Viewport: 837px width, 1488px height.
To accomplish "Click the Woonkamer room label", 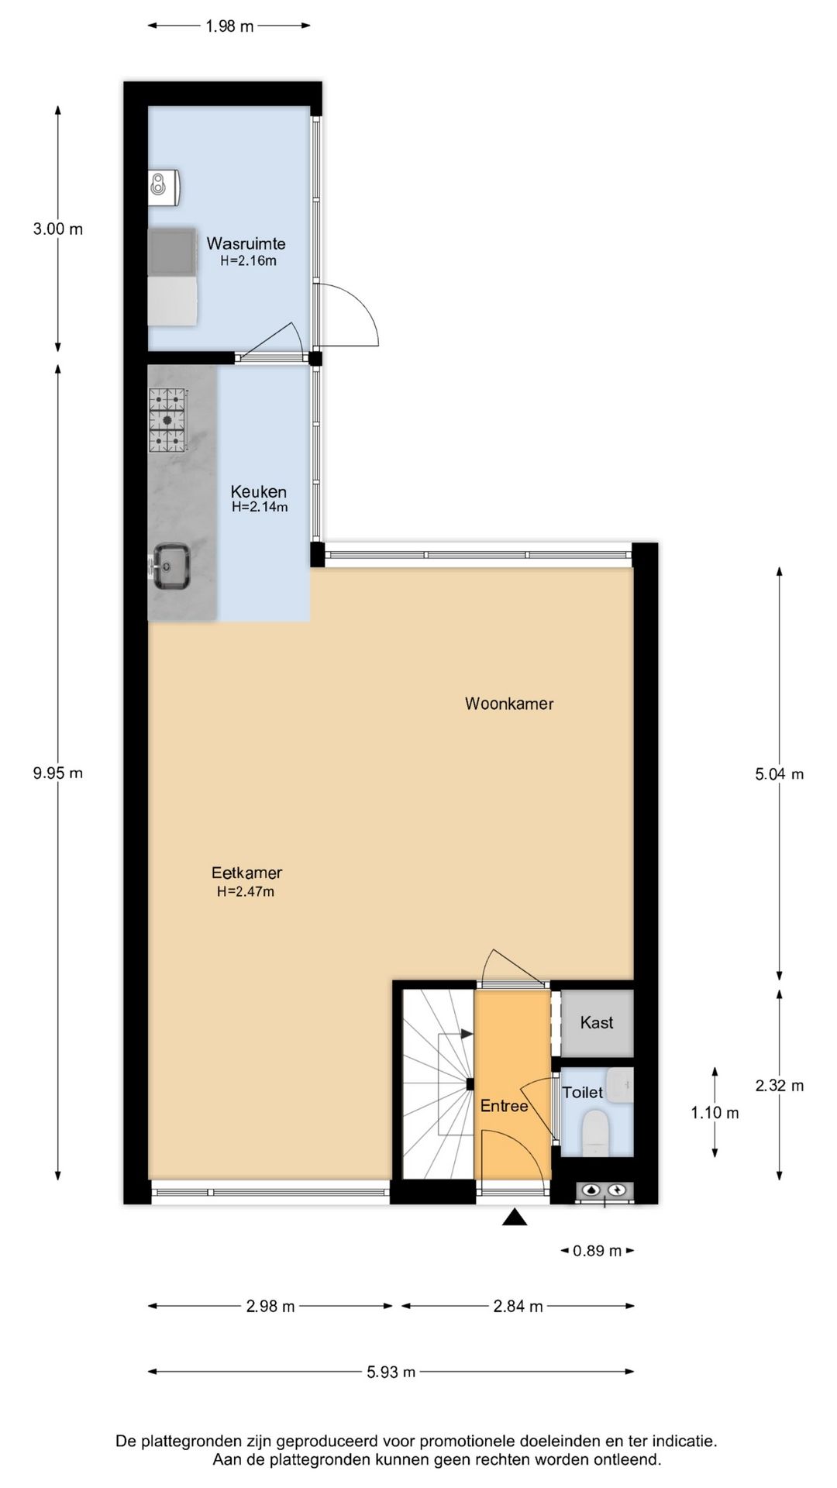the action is point(509,704).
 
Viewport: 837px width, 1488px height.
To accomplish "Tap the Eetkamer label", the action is point(246,873).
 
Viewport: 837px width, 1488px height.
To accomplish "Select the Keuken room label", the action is point(259,491).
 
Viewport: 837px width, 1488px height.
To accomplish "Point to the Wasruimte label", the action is point(246,243).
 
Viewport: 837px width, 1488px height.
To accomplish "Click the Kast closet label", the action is point(597,1022).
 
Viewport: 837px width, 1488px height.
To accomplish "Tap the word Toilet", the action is point(583,1092).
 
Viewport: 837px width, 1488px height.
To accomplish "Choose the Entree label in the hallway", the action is point(504,1106).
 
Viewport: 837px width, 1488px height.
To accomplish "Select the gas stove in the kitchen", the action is point(168,419).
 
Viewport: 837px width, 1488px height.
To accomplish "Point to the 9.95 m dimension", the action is point(58,773).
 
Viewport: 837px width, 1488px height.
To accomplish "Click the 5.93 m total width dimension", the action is point(391,1372).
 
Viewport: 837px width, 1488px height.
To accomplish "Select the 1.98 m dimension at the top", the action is point(229,26).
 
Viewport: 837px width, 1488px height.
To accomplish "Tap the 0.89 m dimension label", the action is point(597,1250).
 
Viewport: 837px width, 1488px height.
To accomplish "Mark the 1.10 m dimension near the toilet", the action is point(715,1113).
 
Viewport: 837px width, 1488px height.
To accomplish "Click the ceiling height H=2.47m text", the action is point(246,891).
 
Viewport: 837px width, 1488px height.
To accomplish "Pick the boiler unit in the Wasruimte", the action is point(164,186).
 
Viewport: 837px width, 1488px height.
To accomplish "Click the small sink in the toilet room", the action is point(620,1085).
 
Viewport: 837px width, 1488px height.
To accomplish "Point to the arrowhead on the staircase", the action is point(467,1034).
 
